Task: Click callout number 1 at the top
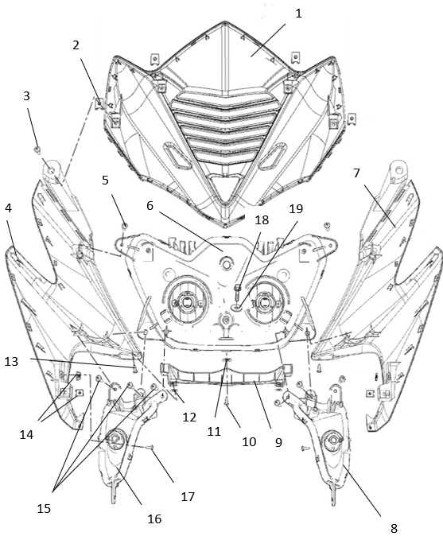point(298,14)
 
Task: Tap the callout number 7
point(356,173)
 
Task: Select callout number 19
point(296,209)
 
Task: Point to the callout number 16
point(154,519)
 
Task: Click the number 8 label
point(394,528)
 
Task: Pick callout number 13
point(11,361)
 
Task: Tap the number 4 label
point(8,208)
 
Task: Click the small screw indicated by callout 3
point(37,149)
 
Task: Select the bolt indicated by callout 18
point(239,291)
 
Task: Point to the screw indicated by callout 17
point(150,447)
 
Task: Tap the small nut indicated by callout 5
point(125,226)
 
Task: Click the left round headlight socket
point(187,301)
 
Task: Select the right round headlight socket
point(263,301)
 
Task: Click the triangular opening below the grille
point(224,186)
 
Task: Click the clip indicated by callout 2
point(99,103)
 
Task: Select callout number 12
point(189,417)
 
